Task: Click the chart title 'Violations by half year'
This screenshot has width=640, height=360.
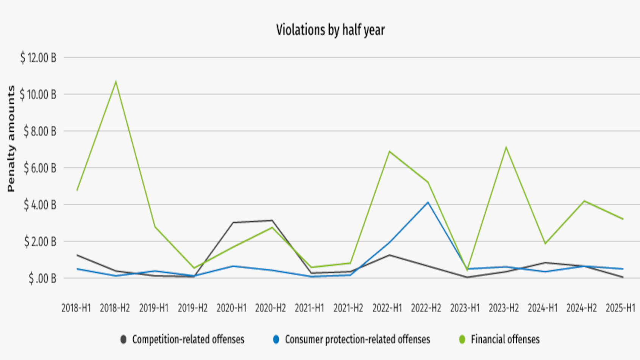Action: pos(330,30)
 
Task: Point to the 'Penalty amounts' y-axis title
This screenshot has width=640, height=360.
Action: pos(11,138)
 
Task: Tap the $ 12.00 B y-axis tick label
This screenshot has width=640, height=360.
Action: pos(38,58)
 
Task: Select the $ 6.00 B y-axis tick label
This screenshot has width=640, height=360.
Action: pos(40,168)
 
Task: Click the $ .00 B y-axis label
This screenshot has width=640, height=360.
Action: pos(42,279)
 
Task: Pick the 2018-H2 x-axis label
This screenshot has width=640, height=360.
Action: pos(115,308)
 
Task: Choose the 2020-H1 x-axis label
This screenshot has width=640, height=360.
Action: pos(231,308)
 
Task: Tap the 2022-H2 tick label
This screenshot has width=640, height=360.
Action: pos(426,308)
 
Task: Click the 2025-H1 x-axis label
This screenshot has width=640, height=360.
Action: pos(620,308)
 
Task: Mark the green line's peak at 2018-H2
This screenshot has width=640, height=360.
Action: pos(116,81)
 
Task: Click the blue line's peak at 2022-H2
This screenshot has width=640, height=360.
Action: pos(428,202)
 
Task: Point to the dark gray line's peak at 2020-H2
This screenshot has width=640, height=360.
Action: pos(272,220)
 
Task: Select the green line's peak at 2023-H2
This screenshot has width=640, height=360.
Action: pos(506,147)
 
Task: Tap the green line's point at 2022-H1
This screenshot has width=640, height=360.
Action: pos(389,152)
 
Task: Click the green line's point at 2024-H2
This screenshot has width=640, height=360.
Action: pos(584,201)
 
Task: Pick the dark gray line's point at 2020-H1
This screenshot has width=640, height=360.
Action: pos(233,222)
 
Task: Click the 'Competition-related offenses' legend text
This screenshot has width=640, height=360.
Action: pos(188,339)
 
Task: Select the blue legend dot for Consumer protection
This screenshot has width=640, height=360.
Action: pos(276,340)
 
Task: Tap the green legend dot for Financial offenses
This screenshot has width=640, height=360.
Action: pos(462,340)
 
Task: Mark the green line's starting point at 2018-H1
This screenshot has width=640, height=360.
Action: pos(77,190)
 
